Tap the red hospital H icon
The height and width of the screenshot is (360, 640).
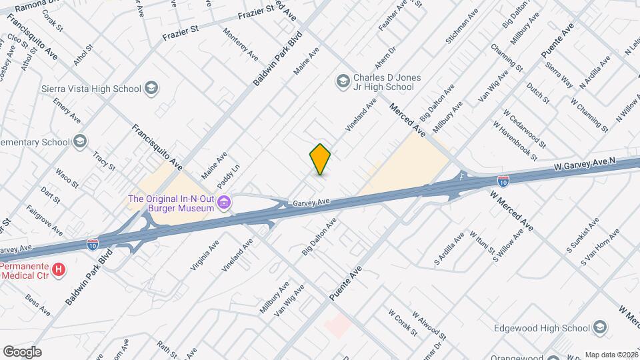click(x=59, y=270)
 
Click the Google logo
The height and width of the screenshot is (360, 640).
click(x=22, y=351)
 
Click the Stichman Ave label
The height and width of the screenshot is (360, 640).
click(x=463, y=27)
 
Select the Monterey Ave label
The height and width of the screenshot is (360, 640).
click(x=241, y=44)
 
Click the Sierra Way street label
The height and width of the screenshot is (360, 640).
click(x=559, y=75)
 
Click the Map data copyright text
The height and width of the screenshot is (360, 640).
click(x=611, y=355)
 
